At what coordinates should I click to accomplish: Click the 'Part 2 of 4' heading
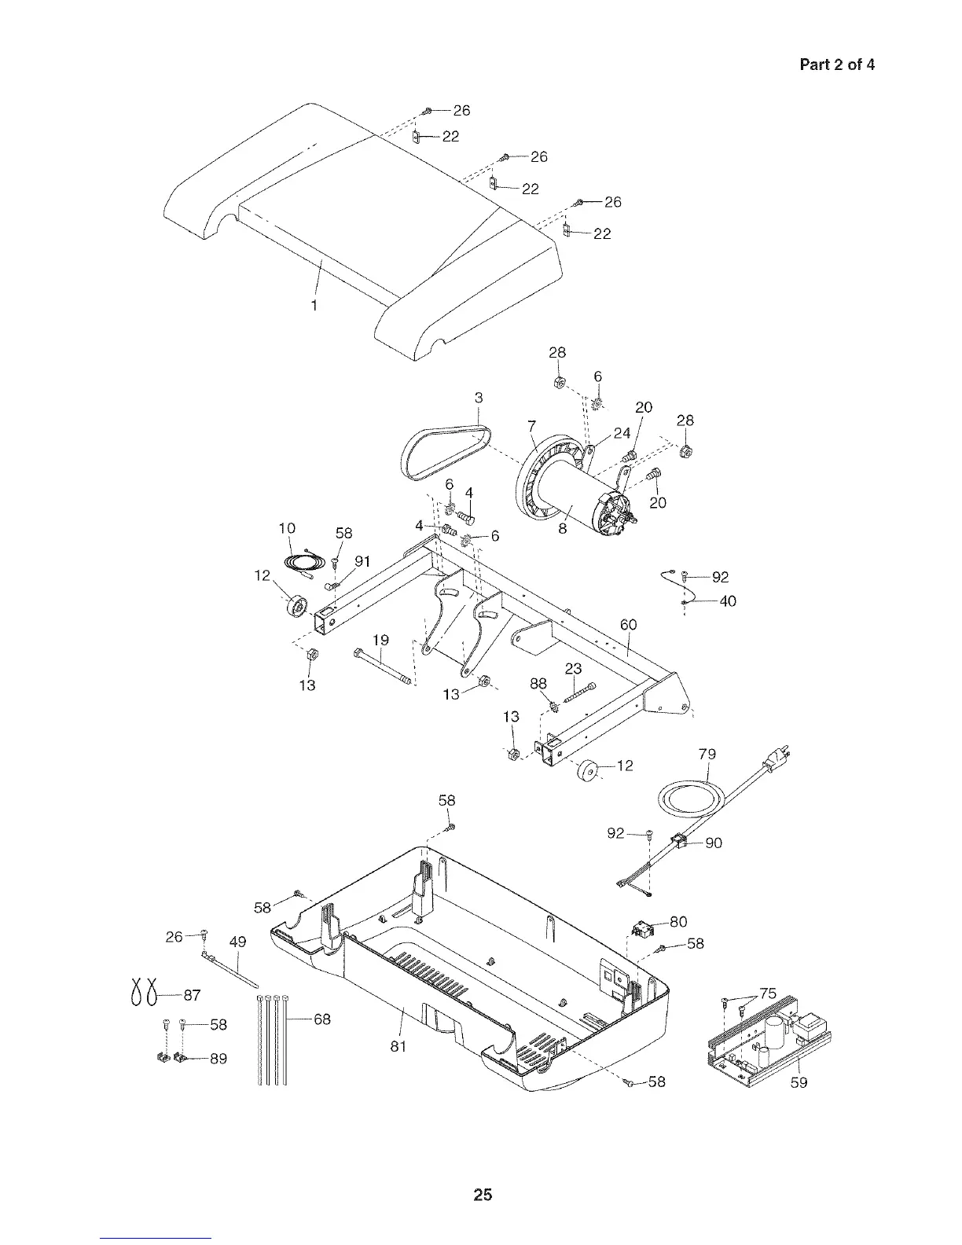pos(836,64)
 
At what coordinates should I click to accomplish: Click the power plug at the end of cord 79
pos(780,760)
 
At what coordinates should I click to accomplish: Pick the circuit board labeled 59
pos(766,1037)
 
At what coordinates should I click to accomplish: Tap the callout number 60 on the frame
pos(628,625)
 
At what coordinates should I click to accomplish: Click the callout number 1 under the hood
pos(314,305)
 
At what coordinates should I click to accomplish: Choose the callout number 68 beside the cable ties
pos(322,1019)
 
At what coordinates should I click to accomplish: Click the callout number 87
pos(192,995)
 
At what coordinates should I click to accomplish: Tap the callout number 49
pos(237,942)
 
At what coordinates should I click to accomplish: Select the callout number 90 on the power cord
pos(714,843)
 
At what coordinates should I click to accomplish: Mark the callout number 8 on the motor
pos(563,529)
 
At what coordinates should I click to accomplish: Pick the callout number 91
pos(362,561)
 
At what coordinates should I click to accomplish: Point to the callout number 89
pos(218,1059)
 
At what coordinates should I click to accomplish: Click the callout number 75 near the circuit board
pos(768,993)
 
